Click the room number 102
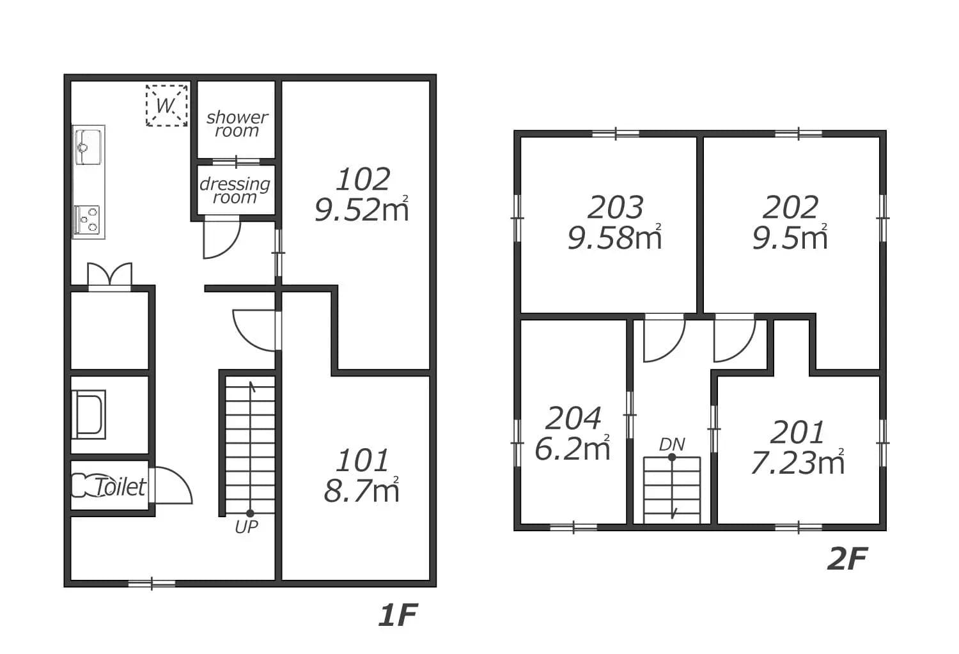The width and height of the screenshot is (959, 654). (x=363, y=180)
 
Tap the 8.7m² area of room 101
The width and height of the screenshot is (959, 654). (x=362, y=490)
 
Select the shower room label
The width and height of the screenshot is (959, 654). (x=237, y=123)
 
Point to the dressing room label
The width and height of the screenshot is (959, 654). (x=235, y=191)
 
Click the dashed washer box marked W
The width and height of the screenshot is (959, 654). (x=166, y=105)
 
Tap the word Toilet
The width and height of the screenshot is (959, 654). (x=120, y=487)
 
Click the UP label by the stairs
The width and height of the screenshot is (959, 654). (x=246, y=527)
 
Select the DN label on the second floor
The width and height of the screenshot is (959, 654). (x=672, y=445)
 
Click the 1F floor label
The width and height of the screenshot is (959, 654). (x=398, y=615)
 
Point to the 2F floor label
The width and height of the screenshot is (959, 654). (x=847, y=559)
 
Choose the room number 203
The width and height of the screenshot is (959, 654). (x=615, y=208)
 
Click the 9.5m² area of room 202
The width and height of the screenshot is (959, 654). (x=790, y=238)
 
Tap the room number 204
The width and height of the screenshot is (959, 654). (x=573, y=418)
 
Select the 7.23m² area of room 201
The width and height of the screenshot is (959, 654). (x=798, y=462)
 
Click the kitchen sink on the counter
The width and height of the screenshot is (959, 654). (x=88, y=147)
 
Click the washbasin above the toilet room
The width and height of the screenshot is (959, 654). (x=89, y=414)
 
